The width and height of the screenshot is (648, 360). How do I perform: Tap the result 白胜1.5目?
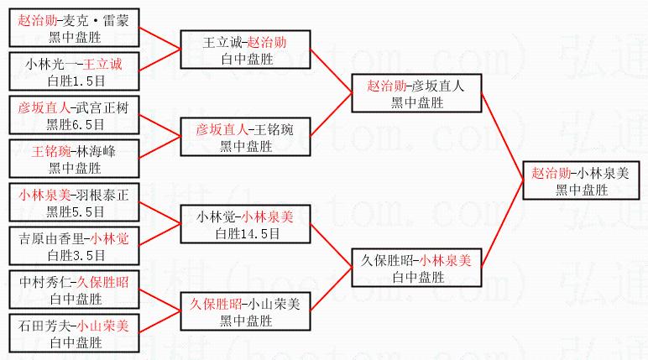tap(76, 81)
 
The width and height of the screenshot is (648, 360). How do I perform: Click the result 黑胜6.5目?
tap(76, 124)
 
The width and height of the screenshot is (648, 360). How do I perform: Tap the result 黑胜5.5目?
tap(76, 211)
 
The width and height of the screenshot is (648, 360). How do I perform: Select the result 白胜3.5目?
tap(76, 255)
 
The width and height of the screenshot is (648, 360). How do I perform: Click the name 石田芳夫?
tap(44, 326)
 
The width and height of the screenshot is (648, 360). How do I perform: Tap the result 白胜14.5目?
tap(248, 234)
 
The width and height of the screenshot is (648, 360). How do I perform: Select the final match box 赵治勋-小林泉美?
tap(581, 181)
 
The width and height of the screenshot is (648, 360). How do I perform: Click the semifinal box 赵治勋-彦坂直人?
tap(416, 93)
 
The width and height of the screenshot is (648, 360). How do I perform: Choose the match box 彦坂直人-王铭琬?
tap(245, 137)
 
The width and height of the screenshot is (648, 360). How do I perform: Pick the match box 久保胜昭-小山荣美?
tap(245, 311)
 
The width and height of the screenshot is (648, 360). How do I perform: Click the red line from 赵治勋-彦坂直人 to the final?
tap(502, 138)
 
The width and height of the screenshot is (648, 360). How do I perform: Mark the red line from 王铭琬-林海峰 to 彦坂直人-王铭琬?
tap(160, 147)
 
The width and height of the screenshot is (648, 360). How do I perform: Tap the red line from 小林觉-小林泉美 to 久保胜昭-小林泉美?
tap(331, 246)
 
